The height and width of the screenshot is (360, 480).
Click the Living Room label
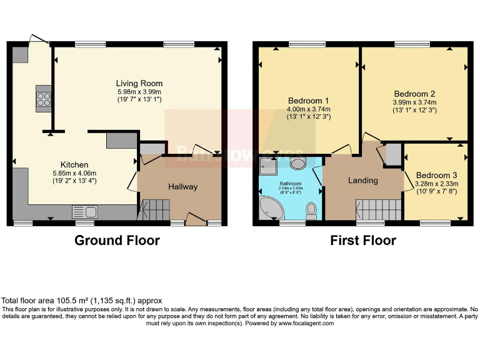(139, 83)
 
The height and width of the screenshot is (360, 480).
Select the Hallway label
(182, 186)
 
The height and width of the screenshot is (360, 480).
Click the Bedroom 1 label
(308, 101)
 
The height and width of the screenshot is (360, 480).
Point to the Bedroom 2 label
(414, 94)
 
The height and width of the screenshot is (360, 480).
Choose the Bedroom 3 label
(437, 174)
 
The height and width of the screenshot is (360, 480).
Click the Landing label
(362, 180)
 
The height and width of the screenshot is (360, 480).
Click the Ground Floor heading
(117, 240)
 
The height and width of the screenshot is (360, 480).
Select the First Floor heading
(363, 240)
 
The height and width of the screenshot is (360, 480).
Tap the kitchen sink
(83, 211)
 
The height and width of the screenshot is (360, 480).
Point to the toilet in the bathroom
(311, 209)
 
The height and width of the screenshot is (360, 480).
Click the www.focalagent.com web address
(306, 323)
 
